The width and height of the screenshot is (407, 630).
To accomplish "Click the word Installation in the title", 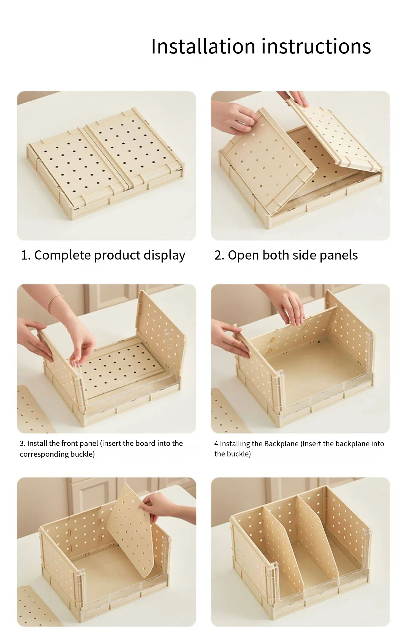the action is tap(203, 46).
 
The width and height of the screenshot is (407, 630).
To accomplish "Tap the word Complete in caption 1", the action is tap(62, 255).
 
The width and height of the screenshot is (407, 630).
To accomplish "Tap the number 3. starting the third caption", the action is tap(22, 443).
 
